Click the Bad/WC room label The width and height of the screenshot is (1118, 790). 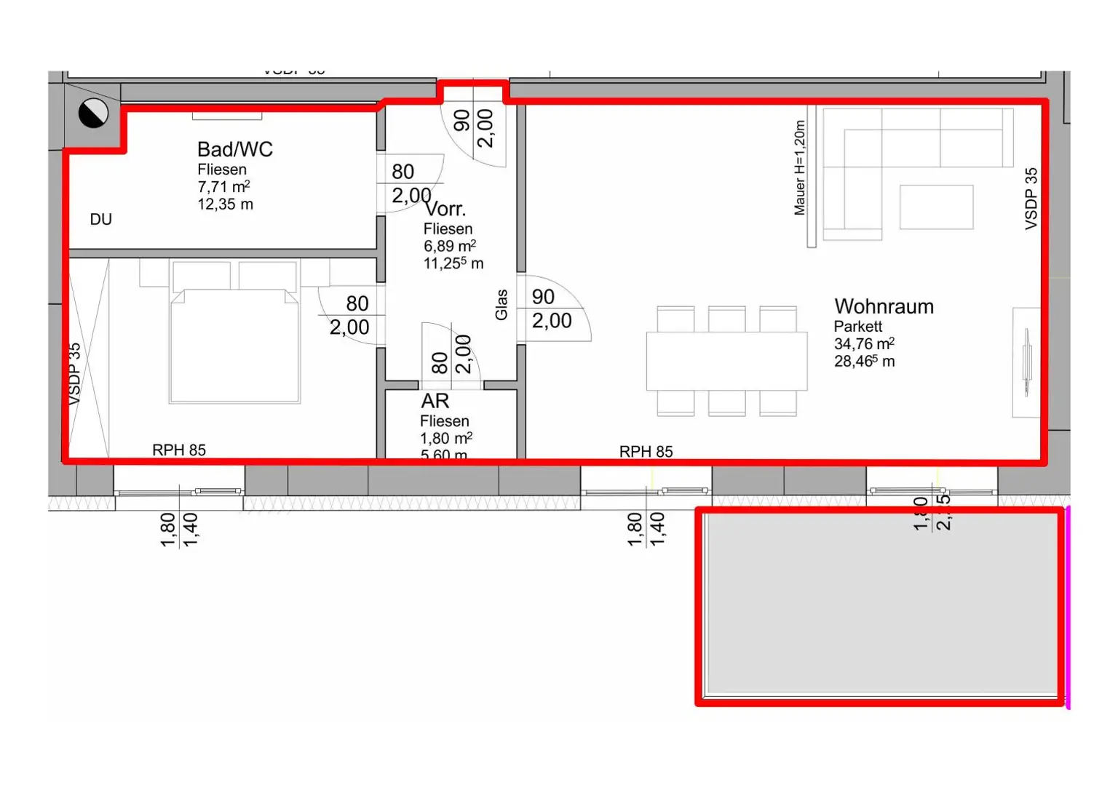pyautogui.click(x=234, y=149)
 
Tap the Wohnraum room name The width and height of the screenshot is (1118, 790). pyautogui.click(x=884, y=306)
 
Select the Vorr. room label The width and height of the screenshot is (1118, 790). pyautogui.click(x=445, y=210)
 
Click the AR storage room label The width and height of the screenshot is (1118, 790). pyautogui.click(x=435, y=401)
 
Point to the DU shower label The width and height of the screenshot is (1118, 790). pyautogui.click(x=101, y=220)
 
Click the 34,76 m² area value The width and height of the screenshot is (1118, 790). pyautogui.click(x=863, y=344)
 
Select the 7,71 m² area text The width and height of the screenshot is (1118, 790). pyautogui.click(x=223, y=187)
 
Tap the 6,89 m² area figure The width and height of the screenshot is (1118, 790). pyautogui.click(x=449, y=246)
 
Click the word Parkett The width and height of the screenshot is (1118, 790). pyautogui.click(x=857, y=327)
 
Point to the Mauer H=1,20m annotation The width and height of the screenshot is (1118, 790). pyautogui.click(x=799, y=168)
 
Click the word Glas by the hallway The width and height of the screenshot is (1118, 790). pyautogui.click(x=501, y=304)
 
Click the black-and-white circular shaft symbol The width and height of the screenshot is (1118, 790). pyautogui.click(x=93, y=113)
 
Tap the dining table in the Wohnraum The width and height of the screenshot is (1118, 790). pyautogui.click(x=726, y=361)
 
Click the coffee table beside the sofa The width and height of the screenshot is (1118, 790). pyautogui.click(x=936, y=207)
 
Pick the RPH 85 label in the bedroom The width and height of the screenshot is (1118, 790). pyautogui.click(x=179, y=450)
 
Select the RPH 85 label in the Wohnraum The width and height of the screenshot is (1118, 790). pyautogui.click(x=646, y=452)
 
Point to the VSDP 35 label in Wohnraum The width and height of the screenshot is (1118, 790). pyautogui.click(x=1031, y=199)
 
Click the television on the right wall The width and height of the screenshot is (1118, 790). pyautogui.click(x=1027, y=362)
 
